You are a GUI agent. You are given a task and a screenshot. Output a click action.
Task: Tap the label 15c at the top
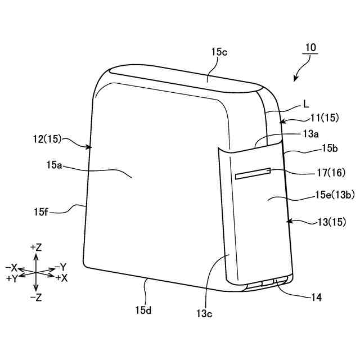point(219,52)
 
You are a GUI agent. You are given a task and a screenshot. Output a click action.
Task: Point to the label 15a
point(55,166)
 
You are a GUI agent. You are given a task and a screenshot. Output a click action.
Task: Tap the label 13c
point(205,313)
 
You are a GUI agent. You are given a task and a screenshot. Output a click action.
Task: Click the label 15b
point(330,148)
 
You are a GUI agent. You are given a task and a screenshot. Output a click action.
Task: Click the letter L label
point(306,103)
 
